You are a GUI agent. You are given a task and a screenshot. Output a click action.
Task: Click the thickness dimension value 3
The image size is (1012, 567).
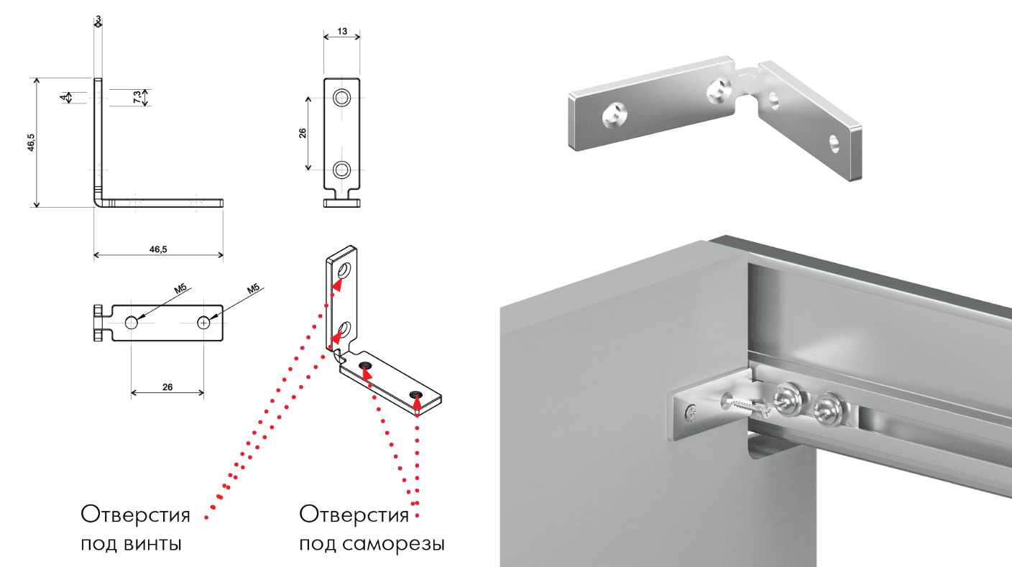[98, 19]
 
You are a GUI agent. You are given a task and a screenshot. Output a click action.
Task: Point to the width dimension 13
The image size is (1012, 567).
[342, 31]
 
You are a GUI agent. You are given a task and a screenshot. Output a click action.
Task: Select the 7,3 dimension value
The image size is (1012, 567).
[137, 97]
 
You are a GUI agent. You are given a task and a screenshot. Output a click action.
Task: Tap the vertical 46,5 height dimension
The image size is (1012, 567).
[31, 142]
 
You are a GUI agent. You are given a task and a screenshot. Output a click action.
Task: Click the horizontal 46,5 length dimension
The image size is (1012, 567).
[158, 249]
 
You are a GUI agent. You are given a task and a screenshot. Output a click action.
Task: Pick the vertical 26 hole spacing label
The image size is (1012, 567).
[303, 133]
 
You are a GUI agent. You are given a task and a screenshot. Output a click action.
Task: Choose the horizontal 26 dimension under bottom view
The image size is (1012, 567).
[167, 387]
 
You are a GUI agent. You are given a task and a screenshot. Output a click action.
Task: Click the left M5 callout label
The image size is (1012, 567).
[180, 288]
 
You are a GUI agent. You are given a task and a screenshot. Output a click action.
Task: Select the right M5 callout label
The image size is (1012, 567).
[253, 288]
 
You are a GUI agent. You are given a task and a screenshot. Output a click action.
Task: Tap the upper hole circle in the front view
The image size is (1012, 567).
[341, 97]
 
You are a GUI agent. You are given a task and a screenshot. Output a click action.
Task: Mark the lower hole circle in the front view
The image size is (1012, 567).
[341, 170]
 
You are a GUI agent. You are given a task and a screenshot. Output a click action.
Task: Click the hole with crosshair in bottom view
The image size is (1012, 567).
[203, 323]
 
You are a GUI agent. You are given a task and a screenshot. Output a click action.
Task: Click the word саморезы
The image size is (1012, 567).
[393, 543]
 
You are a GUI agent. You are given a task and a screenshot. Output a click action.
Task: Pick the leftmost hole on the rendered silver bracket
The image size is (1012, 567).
[615, 115]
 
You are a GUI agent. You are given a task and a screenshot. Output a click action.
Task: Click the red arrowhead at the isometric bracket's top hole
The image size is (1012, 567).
[337, 285]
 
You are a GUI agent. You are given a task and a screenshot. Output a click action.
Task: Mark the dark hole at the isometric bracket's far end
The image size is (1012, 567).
[417, 395]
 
